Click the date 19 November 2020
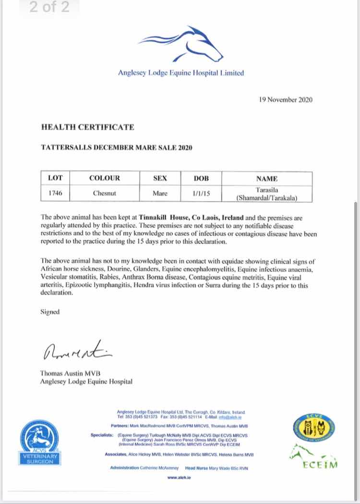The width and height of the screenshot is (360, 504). click(285, 100)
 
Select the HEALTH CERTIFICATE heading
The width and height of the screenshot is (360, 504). click(87, 127)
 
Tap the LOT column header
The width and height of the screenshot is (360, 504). click(56, 178)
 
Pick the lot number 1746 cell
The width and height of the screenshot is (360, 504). click(56, 194)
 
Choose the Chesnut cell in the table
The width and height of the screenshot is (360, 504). click(104, 194)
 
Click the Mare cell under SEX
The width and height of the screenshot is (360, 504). click(160, 194)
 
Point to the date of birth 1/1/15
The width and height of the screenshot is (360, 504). click(201, 194)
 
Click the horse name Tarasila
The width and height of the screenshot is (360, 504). click(267, 190)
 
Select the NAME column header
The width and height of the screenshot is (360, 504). click(267, 178)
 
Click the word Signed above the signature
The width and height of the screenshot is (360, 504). click(50, 312)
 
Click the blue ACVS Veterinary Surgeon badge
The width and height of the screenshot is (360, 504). click(41, 440)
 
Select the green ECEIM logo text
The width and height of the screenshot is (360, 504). click(320, 464)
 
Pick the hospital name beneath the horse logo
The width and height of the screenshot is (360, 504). click(181, 73)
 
